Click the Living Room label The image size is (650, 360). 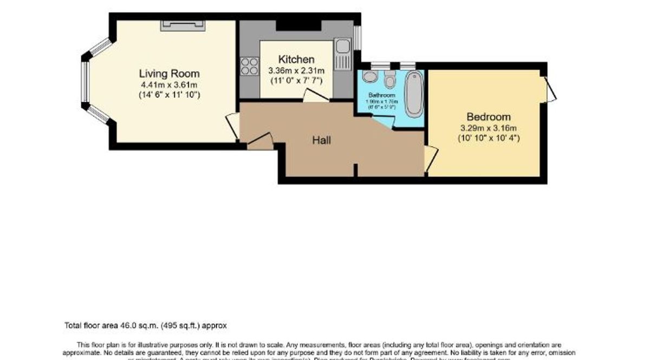[169, 74]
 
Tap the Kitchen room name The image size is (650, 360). [296, 60]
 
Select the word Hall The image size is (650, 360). [322, 140]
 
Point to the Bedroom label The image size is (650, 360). [488, 117]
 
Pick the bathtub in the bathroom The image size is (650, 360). [414, 93]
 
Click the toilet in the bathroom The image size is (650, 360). [389, 81]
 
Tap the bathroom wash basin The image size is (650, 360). [370, 76]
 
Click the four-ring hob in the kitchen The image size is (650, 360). [249, 66]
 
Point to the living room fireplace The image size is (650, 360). [183, 24]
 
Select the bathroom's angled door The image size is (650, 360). [385, 121]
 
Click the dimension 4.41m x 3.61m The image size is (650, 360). [169, 84]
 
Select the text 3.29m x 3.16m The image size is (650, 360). [488, 128]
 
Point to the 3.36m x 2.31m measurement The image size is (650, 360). [296, 70]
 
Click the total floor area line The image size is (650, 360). [145, 326]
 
